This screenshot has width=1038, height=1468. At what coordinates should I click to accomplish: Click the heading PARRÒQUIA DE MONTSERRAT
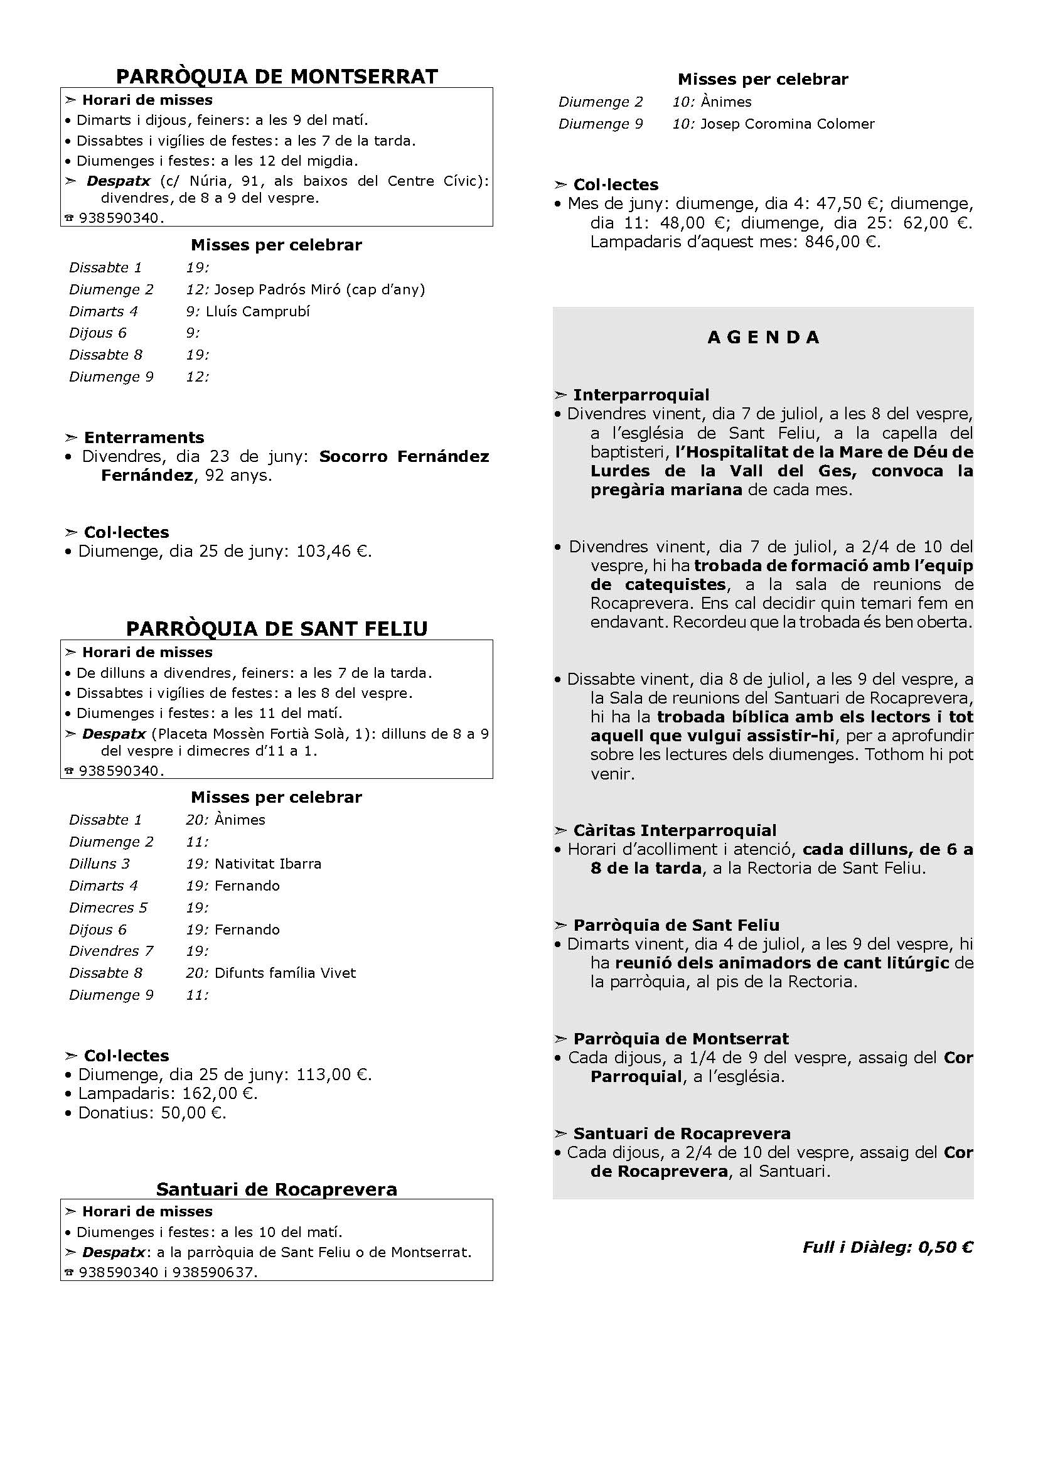point(277,77)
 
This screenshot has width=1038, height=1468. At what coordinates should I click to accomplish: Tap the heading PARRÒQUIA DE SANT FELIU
point(277,628)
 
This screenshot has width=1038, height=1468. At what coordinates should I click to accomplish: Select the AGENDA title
point(763,338)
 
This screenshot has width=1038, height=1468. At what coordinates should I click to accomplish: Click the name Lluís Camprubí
point(257,311)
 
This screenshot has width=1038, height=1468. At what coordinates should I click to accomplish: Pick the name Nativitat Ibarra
point(268,864)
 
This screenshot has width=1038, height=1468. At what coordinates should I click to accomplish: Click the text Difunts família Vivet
point(285,973)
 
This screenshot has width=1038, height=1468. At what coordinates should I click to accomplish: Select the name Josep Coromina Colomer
point(788,124)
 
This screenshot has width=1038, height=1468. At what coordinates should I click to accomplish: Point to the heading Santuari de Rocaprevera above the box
point(277,1189)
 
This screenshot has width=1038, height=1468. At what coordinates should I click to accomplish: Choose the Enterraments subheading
point(144,437)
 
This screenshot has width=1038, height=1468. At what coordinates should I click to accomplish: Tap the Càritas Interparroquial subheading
point(674,830)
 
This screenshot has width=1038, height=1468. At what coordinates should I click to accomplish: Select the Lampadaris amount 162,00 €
point(220,1093)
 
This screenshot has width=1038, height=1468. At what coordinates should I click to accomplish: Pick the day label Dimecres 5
point(108,908)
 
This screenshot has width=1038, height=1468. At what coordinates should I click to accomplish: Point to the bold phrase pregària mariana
point(666,490)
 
